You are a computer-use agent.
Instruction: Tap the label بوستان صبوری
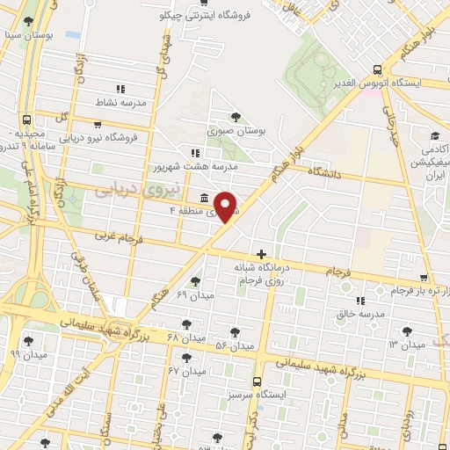tap(236, 131)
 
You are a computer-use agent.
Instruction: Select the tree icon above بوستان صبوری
tap(236, 117)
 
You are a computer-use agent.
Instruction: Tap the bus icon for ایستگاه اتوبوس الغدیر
tap(377, 70)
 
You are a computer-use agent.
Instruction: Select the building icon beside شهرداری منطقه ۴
tap(205, 197)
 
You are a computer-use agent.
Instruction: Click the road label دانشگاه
tap(323, 173)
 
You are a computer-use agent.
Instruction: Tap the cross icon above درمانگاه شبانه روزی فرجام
tap(260, 253)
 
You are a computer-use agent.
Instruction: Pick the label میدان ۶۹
tap(193, 293)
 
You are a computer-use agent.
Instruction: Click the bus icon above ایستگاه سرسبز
tap(256, 382)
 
